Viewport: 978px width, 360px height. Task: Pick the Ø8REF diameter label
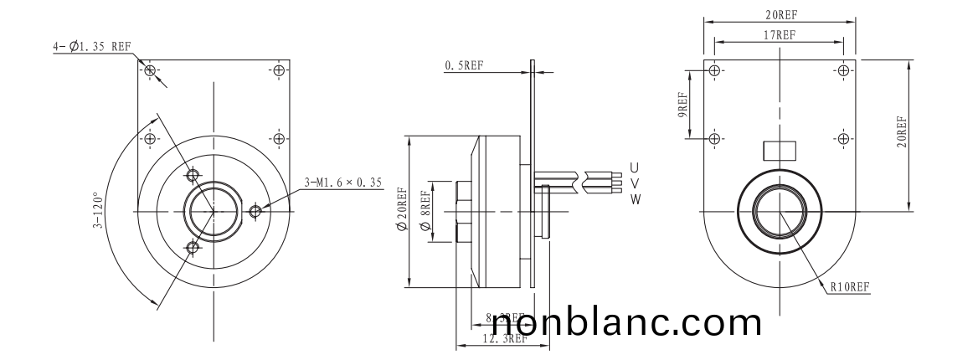click(425, 212)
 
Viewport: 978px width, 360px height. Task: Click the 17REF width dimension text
click(779, 35)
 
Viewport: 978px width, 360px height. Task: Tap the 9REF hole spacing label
click(682, 105)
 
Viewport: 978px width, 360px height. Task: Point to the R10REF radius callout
click(850, 286)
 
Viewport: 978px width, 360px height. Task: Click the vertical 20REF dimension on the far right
click(900, 132)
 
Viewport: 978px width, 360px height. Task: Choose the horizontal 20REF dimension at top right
click(780, 15)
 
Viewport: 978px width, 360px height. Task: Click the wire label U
click(635, 167)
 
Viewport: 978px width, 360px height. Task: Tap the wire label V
click(635, 183)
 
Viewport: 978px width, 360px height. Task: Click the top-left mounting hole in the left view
click(150, 70)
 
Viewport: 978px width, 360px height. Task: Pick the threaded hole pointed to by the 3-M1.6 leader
click(255, 211)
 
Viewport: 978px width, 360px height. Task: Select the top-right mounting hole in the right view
click(842, 70)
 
